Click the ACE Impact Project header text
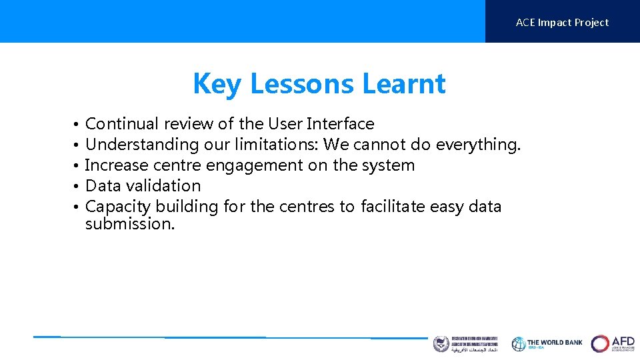[x=562, y=23]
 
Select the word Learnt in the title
[x=404, y=84]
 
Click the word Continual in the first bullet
[x=122, y=124]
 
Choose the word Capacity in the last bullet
[x=118, y=207]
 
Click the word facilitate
[x=393, y=207]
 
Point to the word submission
[x=130, y=224]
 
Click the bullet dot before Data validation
[x=77, y=187]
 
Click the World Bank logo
[x=547, y=343]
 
